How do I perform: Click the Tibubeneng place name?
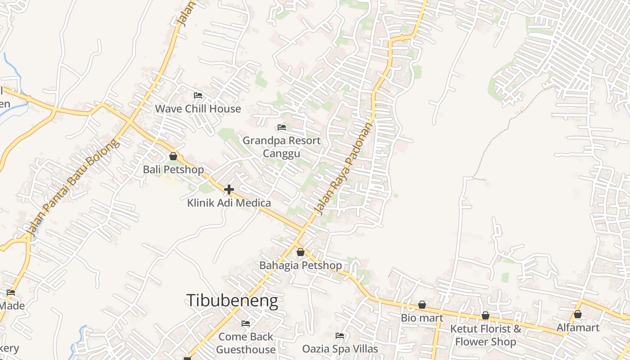(x=232, y=301)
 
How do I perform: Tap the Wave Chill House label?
(x=198, y=109)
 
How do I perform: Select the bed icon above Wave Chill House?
(x=198, y=95)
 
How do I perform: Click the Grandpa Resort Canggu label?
(x=282, y=147)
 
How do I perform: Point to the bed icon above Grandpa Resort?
(x=282, y=127)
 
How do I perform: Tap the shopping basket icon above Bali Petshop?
(x=173, y=156)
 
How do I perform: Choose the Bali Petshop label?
(x=173, y=170)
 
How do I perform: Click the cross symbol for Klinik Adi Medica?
(x=229, y=189)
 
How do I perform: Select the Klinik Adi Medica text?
(x=229, y=203)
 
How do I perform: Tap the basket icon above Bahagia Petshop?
(x=301, y=252)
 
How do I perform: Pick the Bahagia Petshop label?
(x=301, y=265)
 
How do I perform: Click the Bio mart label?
(x=422, y=318)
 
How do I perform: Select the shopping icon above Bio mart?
(x=422, y=305)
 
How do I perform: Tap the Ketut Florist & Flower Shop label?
(x=486, y=335)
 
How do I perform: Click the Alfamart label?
(x=578, y=328)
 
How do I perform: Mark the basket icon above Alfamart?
(x=578, y=314)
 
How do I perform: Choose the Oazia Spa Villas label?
(x=340, y=349)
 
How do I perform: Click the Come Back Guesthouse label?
(x=246, y=343)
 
